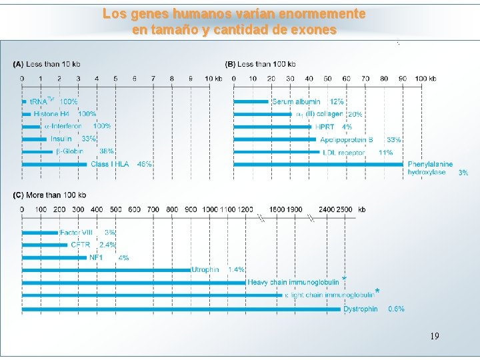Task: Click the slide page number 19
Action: pos(434,335)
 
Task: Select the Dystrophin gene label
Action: pos(361,309)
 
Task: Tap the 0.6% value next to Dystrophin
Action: pos(396,309)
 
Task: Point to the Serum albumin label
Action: pos(296,102)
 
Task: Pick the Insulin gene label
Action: pos(61,139)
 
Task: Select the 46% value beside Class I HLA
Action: pos(144,164)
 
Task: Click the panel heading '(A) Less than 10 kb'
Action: pos(46,65)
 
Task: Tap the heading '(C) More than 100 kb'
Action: pos(50,195)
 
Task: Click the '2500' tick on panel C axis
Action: pos(345,209)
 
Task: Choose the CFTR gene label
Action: pos(80,245)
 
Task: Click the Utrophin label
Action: pos(205,270)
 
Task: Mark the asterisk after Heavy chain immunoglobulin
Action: pos(344,279)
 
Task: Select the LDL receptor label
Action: pos(343,152)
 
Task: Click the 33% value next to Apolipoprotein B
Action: pos(394,139)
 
